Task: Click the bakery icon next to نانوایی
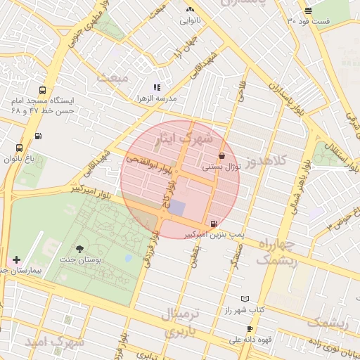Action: coord(189,9)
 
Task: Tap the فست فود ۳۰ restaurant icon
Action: coord(309,10)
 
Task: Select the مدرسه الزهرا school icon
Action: coord(157,88)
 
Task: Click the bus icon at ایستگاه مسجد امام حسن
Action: coord(43,91)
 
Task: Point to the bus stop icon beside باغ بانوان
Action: coord(19,148)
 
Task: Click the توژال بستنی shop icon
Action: coord(222,156)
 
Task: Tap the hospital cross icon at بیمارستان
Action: coord(16,259)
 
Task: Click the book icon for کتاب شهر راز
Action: coord(245,299)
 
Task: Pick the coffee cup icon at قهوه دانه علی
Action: coord(250,328)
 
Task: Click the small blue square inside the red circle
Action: coord(177,208)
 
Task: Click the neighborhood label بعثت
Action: coord(112,77)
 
